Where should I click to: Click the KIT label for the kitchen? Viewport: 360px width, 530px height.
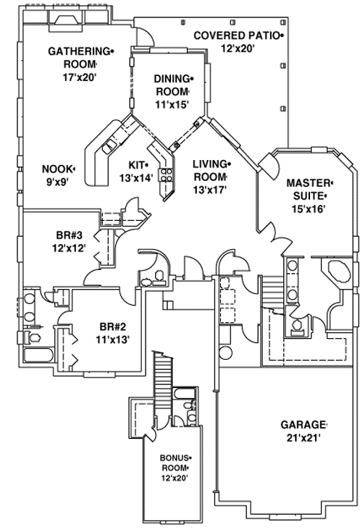[137, 164]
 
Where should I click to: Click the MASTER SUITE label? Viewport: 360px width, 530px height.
[308, 188]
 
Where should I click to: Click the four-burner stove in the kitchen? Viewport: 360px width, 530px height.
[166, 174]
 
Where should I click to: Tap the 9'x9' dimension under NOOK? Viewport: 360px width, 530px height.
[56, 182]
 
